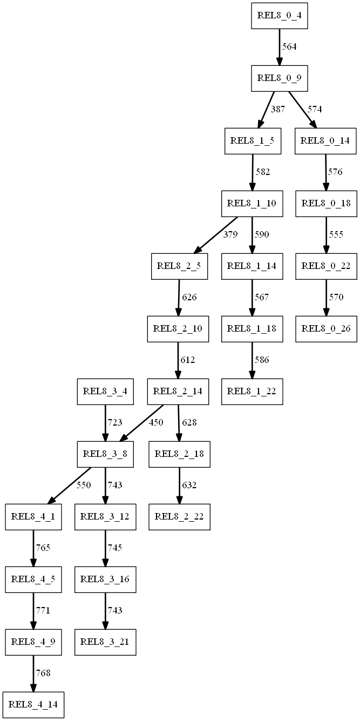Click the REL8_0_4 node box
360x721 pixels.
(x=279, y=16)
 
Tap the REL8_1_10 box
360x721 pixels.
(x=252, y=204)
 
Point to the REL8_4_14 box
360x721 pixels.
(x=33, y=705)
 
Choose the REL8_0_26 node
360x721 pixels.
(x=325, y=329)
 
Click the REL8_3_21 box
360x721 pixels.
(x=105, y=642)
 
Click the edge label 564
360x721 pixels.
(x=290, y=47)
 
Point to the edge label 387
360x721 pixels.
(x=277, y=110)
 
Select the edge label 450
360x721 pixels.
(x=155, y=423)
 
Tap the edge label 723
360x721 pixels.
(x=115, y=423)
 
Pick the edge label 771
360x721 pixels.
(x=43, y=611)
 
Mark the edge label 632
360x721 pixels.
(x=189, y=486)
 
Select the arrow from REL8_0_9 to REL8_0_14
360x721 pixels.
(x=301, y=110)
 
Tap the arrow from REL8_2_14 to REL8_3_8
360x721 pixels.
(x=141, y=423)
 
